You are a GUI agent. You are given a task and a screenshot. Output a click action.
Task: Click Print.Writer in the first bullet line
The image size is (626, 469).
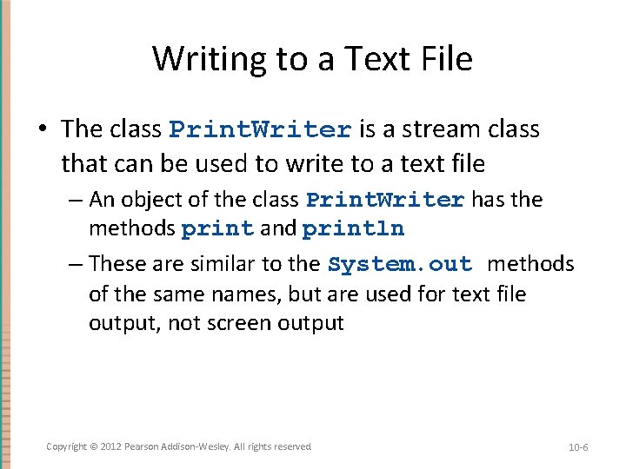[260, 130]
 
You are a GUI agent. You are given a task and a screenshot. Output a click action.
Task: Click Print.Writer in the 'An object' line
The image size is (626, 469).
[385, 201]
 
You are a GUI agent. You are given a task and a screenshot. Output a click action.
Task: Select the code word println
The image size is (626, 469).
[353, 230]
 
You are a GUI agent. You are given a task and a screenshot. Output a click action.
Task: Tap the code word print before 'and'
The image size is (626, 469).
[217, 230]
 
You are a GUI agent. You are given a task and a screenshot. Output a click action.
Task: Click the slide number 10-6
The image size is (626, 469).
[578, 447]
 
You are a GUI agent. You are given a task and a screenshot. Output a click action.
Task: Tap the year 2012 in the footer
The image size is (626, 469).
[110, 446]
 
